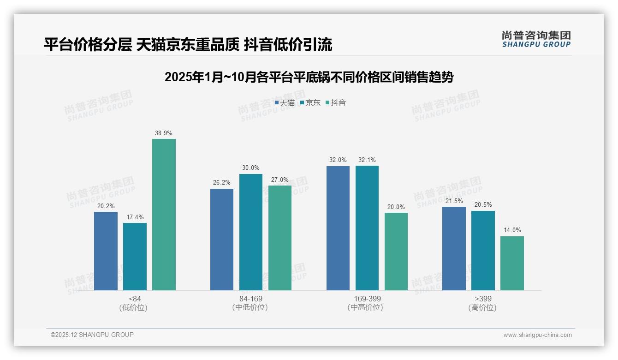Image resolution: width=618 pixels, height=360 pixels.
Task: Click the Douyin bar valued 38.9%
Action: (164, 215)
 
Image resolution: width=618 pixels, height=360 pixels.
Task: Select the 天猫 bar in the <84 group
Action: (106, 251)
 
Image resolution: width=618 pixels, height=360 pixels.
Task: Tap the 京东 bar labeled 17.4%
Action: (135, 257)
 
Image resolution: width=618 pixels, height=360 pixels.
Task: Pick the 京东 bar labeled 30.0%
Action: (251, 232)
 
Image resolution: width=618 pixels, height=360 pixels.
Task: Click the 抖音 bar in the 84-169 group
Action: (280, 238)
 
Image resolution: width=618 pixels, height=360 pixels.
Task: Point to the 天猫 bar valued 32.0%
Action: (338, 228)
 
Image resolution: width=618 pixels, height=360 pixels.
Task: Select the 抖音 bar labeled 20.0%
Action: (396, 252)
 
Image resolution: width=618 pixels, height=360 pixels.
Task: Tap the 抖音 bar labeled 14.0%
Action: (512, 263)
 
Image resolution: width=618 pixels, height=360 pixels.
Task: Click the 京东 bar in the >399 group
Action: (483, 251)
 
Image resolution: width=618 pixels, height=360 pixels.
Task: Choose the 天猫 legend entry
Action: (285, 102)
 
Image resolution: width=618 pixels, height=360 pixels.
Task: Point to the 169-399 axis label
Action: (367, 299)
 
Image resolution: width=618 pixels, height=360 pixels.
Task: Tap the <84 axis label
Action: (135, 299)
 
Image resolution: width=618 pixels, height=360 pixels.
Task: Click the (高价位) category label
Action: (482, 307)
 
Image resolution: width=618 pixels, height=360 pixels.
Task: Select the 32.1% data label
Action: (367, 160)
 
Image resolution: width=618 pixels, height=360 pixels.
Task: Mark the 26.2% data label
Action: (222, 183)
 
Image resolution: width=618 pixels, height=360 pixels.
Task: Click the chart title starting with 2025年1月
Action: (309, 77)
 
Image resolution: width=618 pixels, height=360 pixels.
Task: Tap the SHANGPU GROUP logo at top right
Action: (536, 39)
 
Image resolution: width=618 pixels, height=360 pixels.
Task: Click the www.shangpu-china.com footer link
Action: (537, 335)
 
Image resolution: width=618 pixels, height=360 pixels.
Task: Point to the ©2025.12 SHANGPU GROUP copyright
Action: (92, 335)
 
